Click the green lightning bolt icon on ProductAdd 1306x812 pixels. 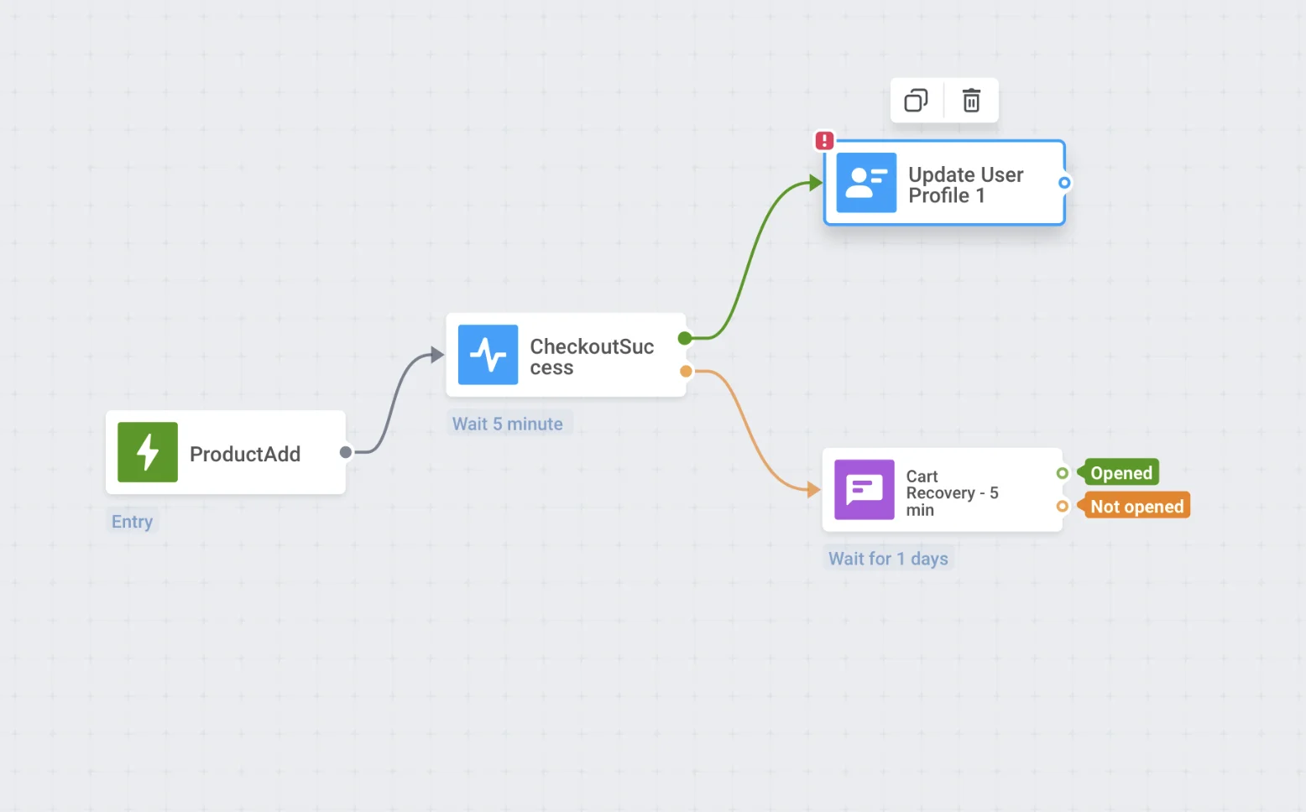(148, 452)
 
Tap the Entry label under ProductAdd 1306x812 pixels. (133, 521)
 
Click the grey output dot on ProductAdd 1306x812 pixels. (346, 452)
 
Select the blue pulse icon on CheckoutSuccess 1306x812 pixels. (488, 355)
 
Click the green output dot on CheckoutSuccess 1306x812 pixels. (685, 338)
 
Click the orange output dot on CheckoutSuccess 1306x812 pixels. (686, 371)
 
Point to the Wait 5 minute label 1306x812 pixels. (508, 424)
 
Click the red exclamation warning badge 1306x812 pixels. (824, 140)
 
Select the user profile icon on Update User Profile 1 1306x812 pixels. (866, 183)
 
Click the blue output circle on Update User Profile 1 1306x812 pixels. (1064, 183)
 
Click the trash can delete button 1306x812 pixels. (971, 100)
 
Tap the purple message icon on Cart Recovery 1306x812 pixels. (864, 489)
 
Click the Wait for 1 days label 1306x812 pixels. (889, 559)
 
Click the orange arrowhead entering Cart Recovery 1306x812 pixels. (814, 489)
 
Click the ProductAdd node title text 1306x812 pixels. (245, 454)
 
